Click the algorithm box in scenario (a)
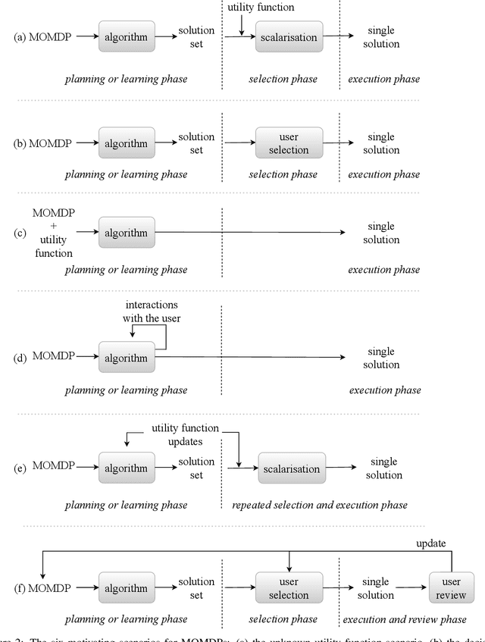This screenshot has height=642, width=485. [x=127, y=36]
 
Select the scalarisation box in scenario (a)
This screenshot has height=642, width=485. [x=289, y=36]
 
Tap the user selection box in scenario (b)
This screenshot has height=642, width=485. [x=289, y=143]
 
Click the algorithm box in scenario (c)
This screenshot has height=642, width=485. [x=127, y=233]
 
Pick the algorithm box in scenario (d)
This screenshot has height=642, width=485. [x=127, y=357]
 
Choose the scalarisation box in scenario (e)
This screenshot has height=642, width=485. [x=292, y=468]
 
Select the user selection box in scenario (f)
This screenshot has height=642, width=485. [x=289, y=588]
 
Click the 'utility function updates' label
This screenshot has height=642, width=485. [x=185, y=434]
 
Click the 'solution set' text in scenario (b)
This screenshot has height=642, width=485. [x=196, y=143]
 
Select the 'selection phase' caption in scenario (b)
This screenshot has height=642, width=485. [x=283, y=174]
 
